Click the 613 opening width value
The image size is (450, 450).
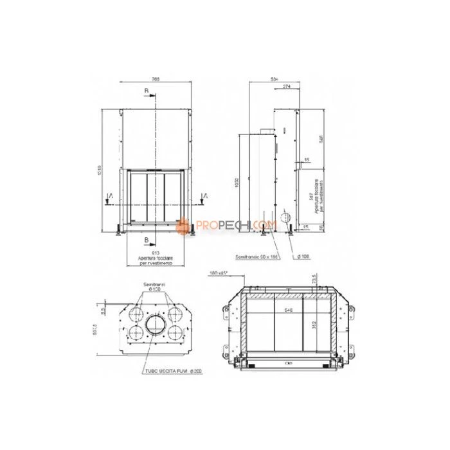[x=155, y=253]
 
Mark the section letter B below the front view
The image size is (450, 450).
[x=147, y=239]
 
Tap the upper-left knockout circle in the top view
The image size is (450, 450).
[x=136, y=314]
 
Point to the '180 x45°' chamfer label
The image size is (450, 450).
[x=219, y=274]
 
